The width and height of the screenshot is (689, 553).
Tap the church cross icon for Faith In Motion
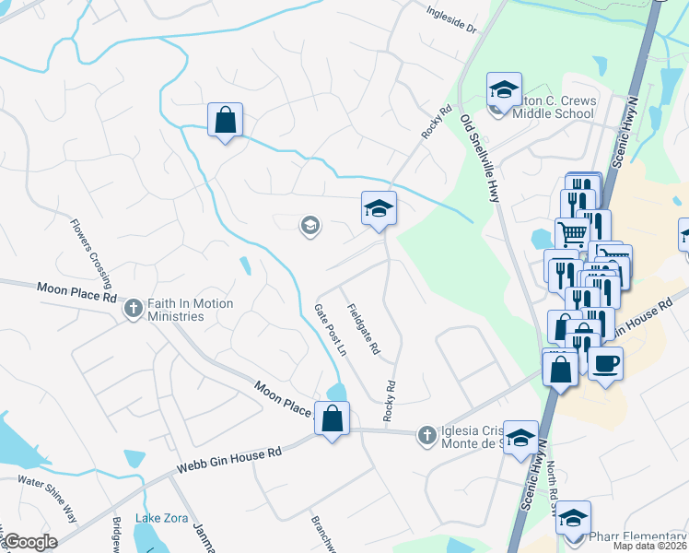[134, 309]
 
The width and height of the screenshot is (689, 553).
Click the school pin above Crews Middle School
[504, 90]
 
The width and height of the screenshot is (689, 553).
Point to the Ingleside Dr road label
[451, 21]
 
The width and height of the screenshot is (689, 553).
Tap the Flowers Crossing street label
[93, 253]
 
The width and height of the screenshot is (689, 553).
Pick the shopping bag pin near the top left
[225, 120]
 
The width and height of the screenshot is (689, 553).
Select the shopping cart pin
[572, 234]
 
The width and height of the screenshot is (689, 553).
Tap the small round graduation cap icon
[310, 225]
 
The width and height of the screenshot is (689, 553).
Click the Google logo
[29, 542]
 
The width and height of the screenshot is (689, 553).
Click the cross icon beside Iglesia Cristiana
[426, 433]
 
